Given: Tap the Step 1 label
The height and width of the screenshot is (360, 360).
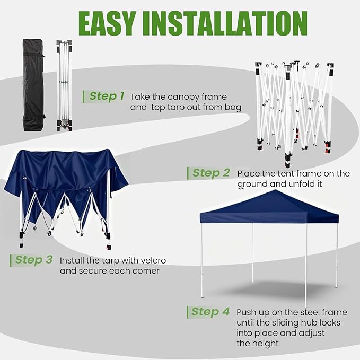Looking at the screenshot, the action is coord(107,96).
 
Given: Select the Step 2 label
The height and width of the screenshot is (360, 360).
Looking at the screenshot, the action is coord(211,173).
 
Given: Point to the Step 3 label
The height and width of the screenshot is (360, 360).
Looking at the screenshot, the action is coord(34,260).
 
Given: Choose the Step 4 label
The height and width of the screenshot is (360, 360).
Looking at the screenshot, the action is coord(210,312).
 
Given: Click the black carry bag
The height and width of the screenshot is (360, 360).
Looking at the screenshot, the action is coord(34,85).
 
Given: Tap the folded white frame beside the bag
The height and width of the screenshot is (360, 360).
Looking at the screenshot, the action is coord(65,85).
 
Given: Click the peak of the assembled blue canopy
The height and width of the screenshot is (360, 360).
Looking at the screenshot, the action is coord(275,190).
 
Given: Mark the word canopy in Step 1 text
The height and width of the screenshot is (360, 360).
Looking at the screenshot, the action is coord(183,98).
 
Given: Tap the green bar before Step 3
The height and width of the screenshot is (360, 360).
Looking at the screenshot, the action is coord(11,260).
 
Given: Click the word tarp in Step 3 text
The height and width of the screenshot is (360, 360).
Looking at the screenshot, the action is coord(111,261).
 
